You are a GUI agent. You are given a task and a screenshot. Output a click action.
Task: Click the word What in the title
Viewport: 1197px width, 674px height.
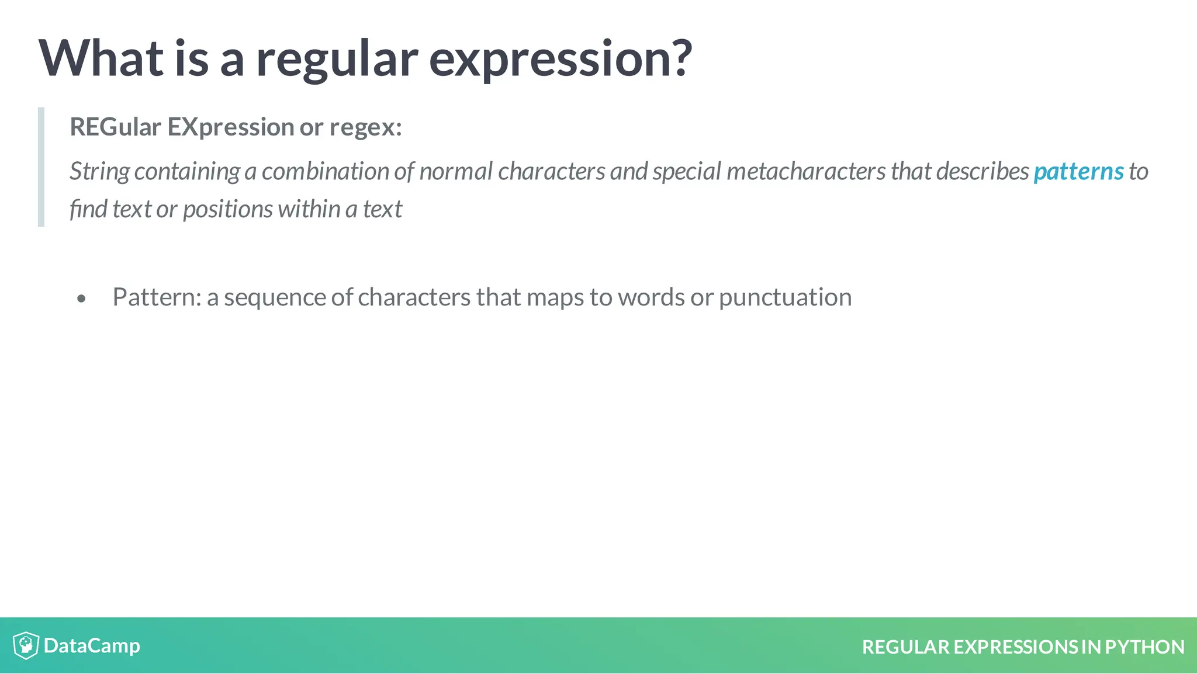101,58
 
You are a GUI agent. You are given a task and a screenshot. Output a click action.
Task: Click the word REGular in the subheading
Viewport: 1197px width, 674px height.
115,127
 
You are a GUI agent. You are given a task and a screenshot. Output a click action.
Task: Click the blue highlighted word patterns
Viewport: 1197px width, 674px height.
1078,172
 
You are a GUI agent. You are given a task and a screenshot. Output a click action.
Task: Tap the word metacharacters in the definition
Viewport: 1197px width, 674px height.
806,172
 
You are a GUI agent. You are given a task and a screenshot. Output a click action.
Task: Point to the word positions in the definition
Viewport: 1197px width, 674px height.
227,209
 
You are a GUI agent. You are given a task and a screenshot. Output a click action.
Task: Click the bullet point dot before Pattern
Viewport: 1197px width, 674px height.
81,299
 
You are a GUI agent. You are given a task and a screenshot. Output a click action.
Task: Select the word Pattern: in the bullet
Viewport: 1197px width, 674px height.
157,297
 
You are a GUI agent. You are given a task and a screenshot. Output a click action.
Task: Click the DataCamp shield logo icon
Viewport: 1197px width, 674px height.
26,645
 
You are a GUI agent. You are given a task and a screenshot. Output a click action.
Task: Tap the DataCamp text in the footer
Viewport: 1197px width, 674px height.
92,645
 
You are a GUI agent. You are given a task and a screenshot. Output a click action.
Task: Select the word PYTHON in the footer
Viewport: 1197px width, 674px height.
1144,647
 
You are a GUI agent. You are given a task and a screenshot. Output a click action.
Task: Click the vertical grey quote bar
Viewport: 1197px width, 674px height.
41,167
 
